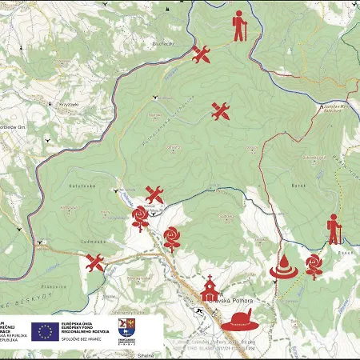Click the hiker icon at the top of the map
tap(240, 27)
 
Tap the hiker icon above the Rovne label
tap(334, 229)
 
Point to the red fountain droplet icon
tap(283, 266)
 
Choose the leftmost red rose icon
tap(141, 217)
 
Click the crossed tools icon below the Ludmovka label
tap(95, 262)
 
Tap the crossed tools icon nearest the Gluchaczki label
tap(201, 54)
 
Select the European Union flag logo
tap(46, 330)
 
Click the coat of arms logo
tap(126, 326)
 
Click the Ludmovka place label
tap(70, 239)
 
